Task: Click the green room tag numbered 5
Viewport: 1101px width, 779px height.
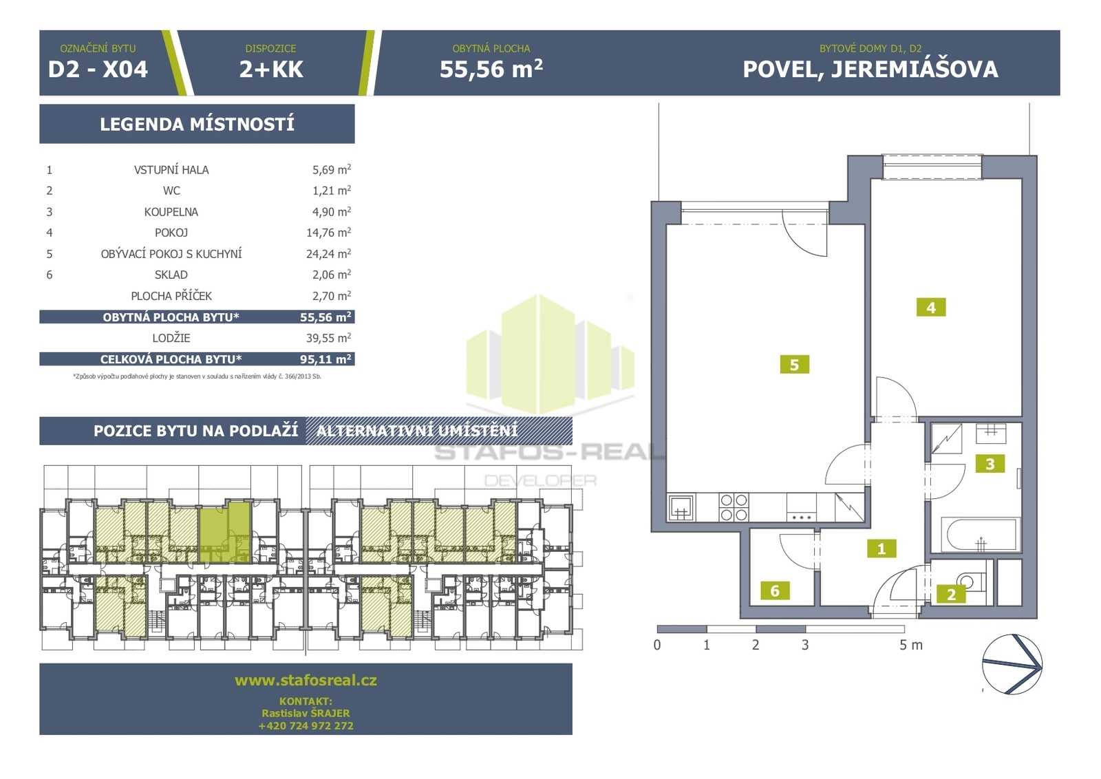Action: [x=794, y=365]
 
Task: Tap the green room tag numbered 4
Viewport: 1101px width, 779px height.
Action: [x=931, y=308]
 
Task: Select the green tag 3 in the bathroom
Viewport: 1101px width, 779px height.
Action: [x=990, y=463]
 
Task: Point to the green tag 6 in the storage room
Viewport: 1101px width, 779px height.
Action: [x=775, y=590]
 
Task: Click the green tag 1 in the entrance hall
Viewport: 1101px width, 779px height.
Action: [x=881, y=548]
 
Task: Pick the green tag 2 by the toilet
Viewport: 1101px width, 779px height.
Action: [x=951, y=594]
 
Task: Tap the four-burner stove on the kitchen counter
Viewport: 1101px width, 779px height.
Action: [x=734, y=507]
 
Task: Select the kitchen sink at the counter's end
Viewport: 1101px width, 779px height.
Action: [x=681, y=507]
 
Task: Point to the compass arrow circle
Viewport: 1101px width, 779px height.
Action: [x=1012, y=664]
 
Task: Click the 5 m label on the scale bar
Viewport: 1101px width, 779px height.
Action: [x=911, y=645]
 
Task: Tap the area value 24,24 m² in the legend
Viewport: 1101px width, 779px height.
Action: [x=328, y=254]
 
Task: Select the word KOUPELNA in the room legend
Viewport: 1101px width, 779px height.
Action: [x=171, y=212]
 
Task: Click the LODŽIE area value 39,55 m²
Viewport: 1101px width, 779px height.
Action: [x=328, y=338]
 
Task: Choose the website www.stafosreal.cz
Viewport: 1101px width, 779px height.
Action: [x=306, y=680]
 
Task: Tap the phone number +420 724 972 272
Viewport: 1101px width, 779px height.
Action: [x=306, y=726]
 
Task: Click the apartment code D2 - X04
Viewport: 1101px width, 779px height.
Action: [x=98, y=70]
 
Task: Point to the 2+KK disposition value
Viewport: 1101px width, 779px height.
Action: [x=271, y=70]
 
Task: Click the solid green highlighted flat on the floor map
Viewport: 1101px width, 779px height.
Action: [x=225, y=532]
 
